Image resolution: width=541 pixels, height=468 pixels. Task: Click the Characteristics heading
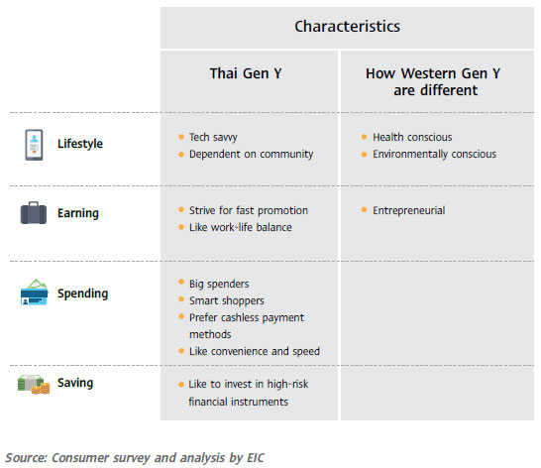[347, 26]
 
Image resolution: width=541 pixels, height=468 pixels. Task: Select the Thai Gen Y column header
[246, 73]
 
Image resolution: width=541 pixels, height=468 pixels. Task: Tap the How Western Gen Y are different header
[433, 81]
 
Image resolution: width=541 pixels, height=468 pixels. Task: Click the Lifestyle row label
[80, 144]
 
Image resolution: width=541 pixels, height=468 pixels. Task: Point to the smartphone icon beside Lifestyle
[34, 145]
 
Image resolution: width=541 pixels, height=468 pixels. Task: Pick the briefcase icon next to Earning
[34, 213]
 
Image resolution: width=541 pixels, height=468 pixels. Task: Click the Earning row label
[78, 213]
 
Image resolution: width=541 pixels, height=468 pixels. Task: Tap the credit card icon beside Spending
[34, 292]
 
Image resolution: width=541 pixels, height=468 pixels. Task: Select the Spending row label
[83, 293]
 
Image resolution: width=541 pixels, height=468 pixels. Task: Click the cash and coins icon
[34, 384]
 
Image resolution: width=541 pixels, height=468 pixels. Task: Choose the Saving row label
[75, 383]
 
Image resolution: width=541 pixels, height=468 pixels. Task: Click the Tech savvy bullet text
[213, 137]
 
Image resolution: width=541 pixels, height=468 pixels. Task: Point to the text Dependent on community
[252, 154]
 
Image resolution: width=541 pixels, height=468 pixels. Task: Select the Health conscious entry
[412, 137]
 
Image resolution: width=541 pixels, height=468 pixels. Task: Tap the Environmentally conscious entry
[434, 154]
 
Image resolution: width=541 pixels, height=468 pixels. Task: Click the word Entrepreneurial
[409, 210]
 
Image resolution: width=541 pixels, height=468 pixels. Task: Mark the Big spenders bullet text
[219, 284]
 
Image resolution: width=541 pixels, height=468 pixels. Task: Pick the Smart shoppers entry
[227, 300]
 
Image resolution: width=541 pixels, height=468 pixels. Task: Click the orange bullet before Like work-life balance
[181, 227]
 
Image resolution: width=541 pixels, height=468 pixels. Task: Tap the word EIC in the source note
[256, 458]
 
